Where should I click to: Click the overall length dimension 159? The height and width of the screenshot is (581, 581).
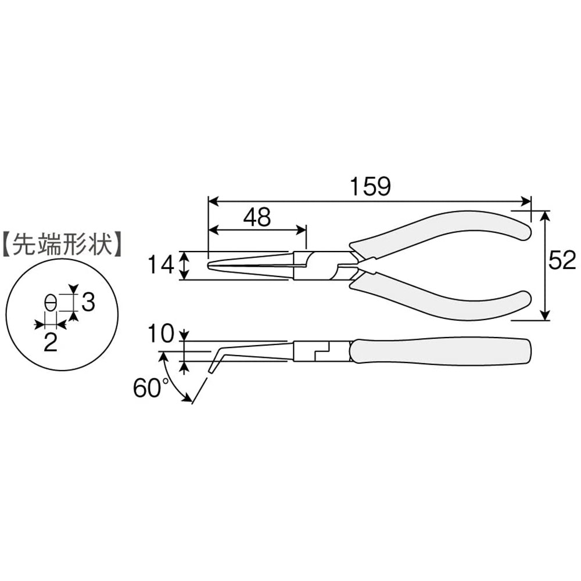pyautogui.click(x=371, y=187)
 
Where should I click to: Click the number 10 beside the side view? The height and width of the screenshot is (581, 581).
pyautogui.click(x=160, y=333)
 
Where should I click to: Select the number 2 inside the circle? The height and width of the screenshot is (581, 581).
pyautogui.click(x=50, y=342)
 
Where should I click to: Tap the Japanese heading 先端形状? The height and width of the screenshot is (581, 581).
pyautogui.click(x=62, y=243)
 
